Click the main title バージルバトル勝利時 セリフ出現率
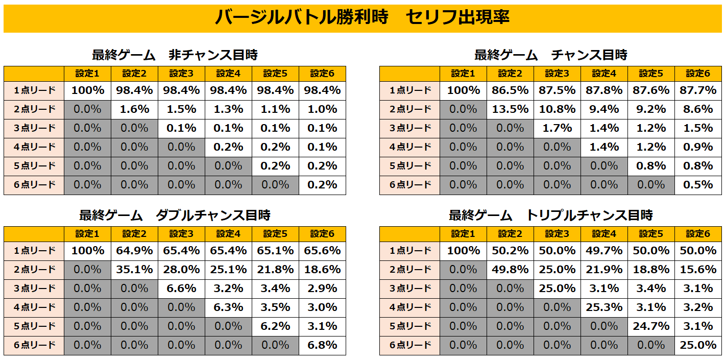pos(362,18)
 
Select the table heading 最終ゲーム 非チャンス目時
pos(175,55)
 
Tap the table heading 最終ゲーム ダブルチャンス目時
pos(175,215)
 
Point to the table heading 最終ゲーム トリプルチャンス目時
pos(550,215)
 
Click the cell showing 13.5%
pos(510,109)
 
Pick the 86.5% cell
pos(510,90)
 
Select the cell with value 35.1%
pos(134,270)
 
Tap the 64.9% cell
pos(134,251)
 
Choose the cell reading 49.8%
pos(510,270)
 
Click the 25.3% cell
pos(604,307)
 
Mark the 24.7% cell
pos(651,326)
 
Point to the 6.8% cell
pos(322,345)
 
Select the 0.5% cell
pos(698,185)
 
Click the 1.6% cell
pos(134,109)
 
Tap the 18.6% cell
pos(322,270)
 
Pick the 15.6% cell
pos(698,270)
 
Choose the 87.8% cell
pos(604,90)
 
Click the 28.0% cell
pos(181,270)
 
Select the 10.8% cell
pos(557,109)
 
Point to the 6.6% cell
pos(181,289)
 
